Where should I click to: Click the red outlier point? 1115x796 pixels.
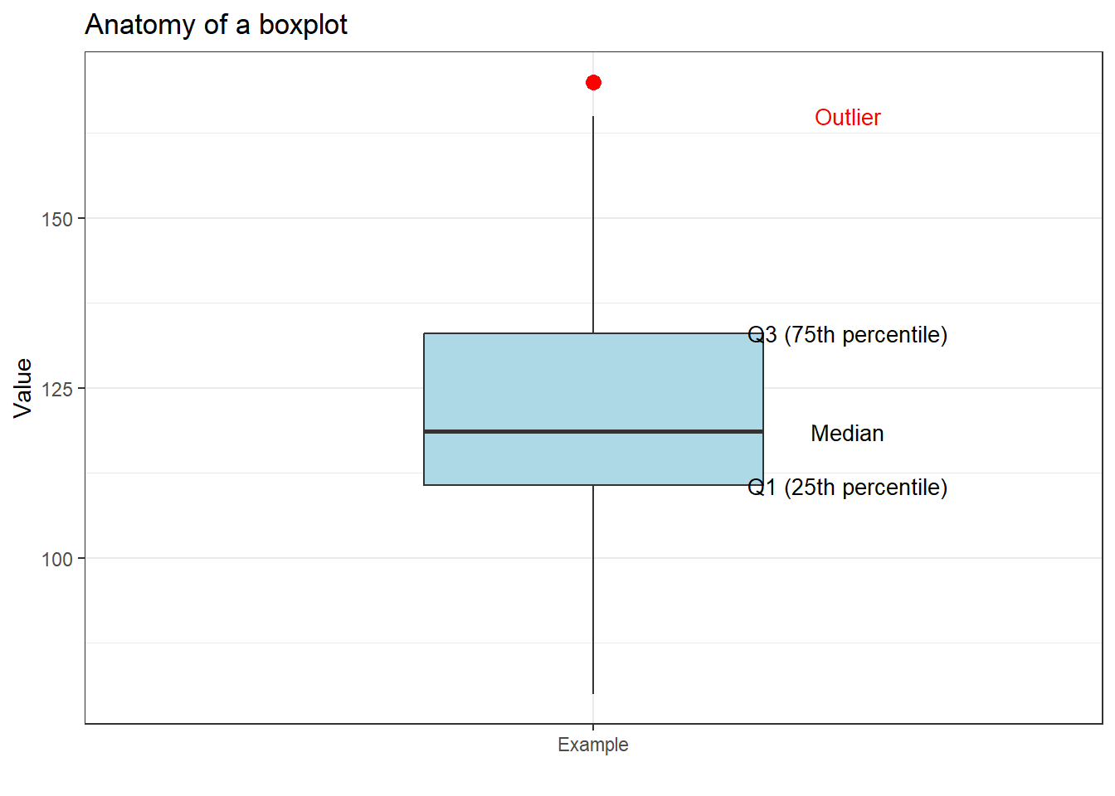593,82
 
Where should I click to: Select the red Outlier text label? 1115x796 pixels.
847,118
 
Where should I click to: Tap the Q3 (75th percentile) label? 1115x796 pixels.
847,335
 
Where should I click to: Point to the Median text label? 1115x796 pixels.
847,434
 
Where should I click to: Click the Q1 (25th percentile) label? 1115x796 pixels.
847,488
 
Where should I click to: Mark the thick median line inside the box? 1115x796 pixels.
593,431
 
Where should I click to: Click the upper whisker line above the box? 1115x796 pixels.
593,224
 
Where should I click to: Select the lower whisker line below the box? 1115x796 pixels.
593,589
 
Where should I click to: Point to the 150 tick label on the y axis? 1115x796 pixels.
57,220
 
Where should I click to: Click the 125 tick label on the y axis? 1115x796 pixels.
57,389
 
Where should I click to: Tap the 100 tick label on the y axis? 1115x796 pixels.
57,560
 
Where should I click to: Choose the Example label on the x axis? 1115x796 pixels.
592,745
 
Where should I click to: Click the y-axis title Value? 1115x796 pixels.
22,388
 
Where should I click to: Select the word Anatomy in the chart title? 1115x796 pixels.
140,25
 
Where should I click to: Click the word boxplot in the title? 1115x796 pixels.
303,25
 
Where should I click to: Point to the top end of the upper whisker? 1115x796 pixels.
593,117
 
